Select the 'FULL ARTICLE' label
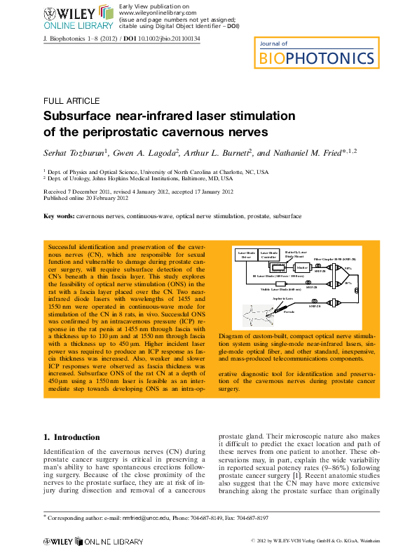71,101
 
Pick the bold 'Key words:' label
59,216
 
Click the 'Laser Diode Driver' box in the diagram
247,255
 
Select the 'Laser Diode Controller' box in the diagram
268,255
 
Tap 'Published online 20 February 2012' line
86,199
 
